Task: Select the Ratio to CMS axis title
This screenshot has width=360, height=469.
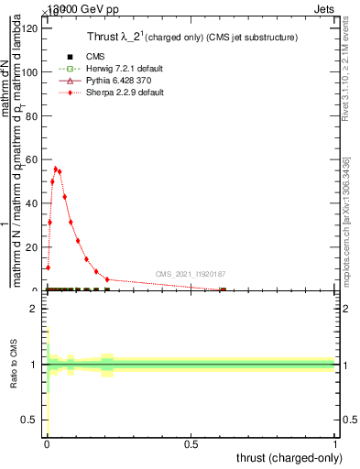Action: click(x=14, y=365)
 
